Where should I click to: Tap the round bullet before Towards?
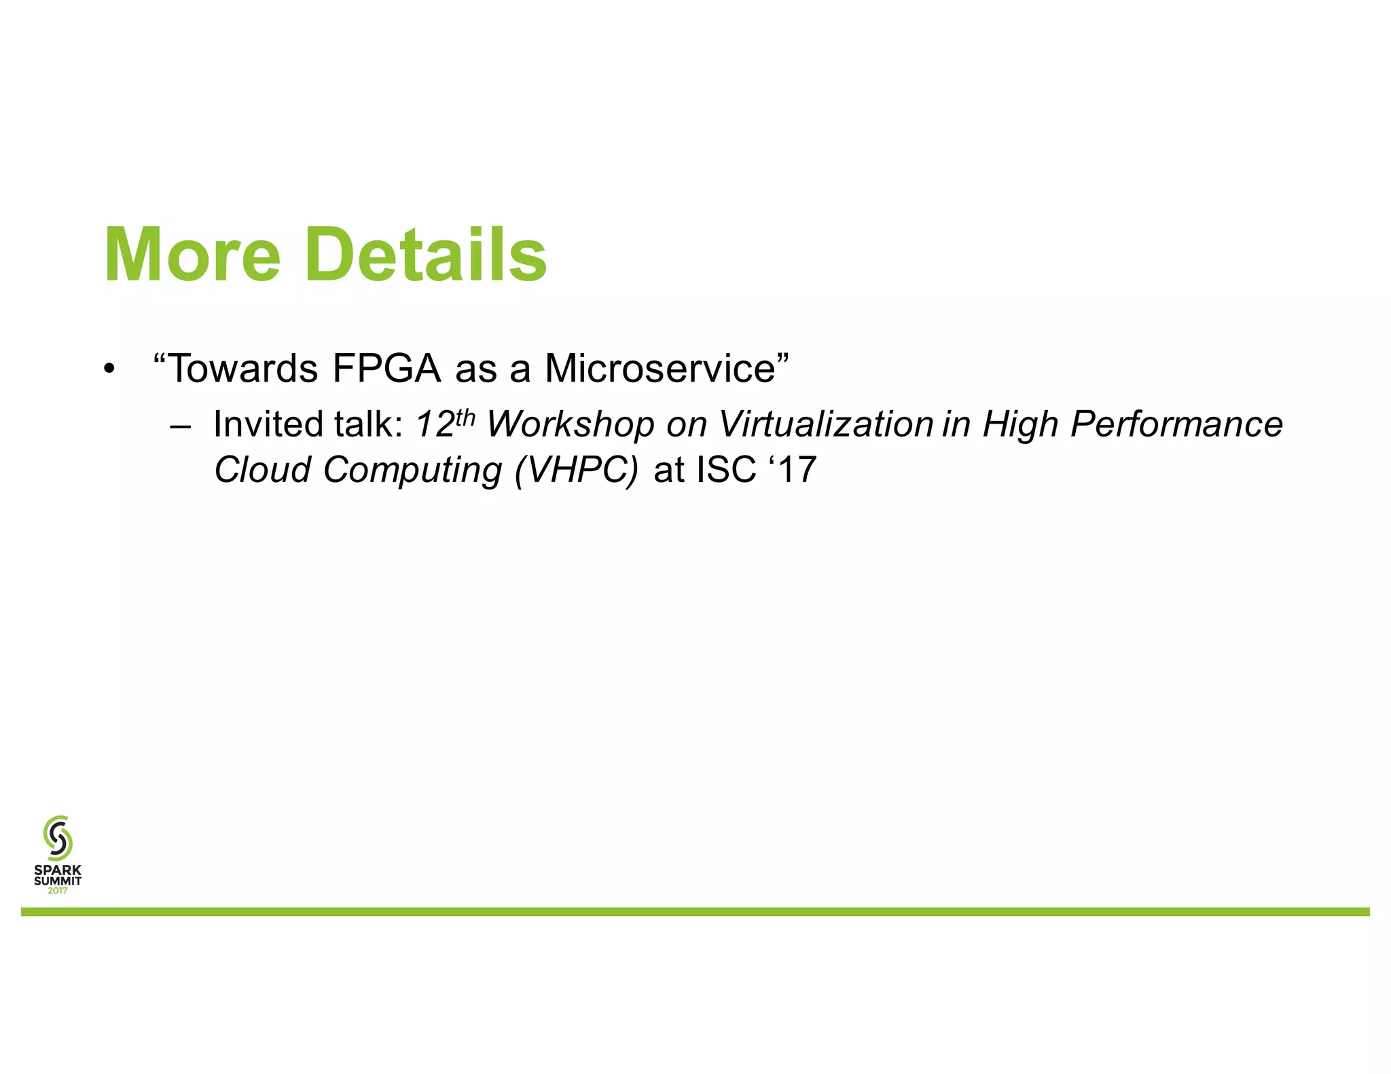pyautogui.click(x=109, y=370)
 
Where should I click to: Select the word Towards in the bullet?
pyautogui.click(x=242, y=369)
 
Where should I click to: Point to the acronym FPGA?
pyautogui.click(x=386, y=369)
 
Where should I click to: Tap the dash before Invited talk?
pyautogui.click(x=181, y=427)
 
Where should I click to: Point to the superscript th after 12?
pyautogui.click(x=465, y=416)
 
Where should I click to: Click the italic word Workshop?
pyautogui.click(x=571, y=425)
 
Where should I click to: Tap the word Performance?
pyautogui.click(x=1176, y=424)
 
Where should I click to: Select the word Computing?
pyautogui.click(x=412, y=470)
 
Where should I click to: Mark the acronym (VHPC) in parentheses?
pyautogui.click(x=577, y=470)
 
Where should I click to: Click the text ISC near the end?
pyautogui.click(x=726, y=470)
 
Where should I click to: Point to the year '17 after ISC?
pyautogui.click(x=792, y=470)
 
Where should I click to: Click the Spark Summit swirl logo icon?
pyautogui.click(x=58, y=838)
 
